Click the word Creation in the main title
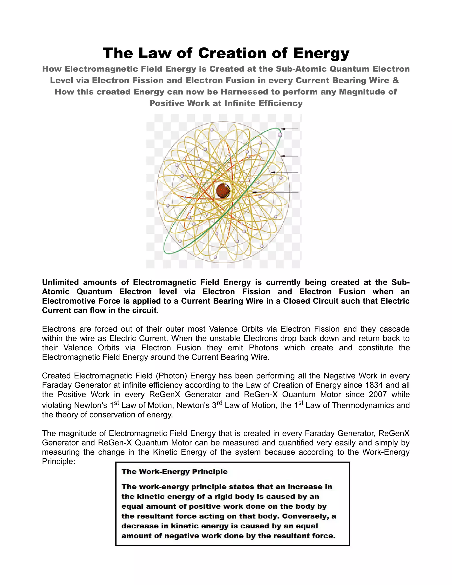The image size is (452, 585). click(232, 53)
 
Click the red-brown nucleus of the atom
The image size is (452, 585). click(223, 191)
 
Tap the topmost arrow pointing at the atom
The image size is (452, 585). click(290, 129)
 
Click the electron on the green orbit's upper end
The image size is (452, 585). click(280, 135)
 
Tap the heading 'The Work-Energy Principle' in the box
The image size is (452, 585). click(174, 472)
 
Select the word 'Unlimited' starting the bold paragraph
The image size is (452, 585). click(60, 282)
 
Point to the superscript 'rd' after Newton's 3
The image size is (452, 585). click(219, 403)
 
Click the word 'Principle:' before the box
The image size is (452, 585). click(58, 462)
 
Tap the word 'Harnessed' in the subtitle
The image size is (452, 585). click(245, 92)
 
